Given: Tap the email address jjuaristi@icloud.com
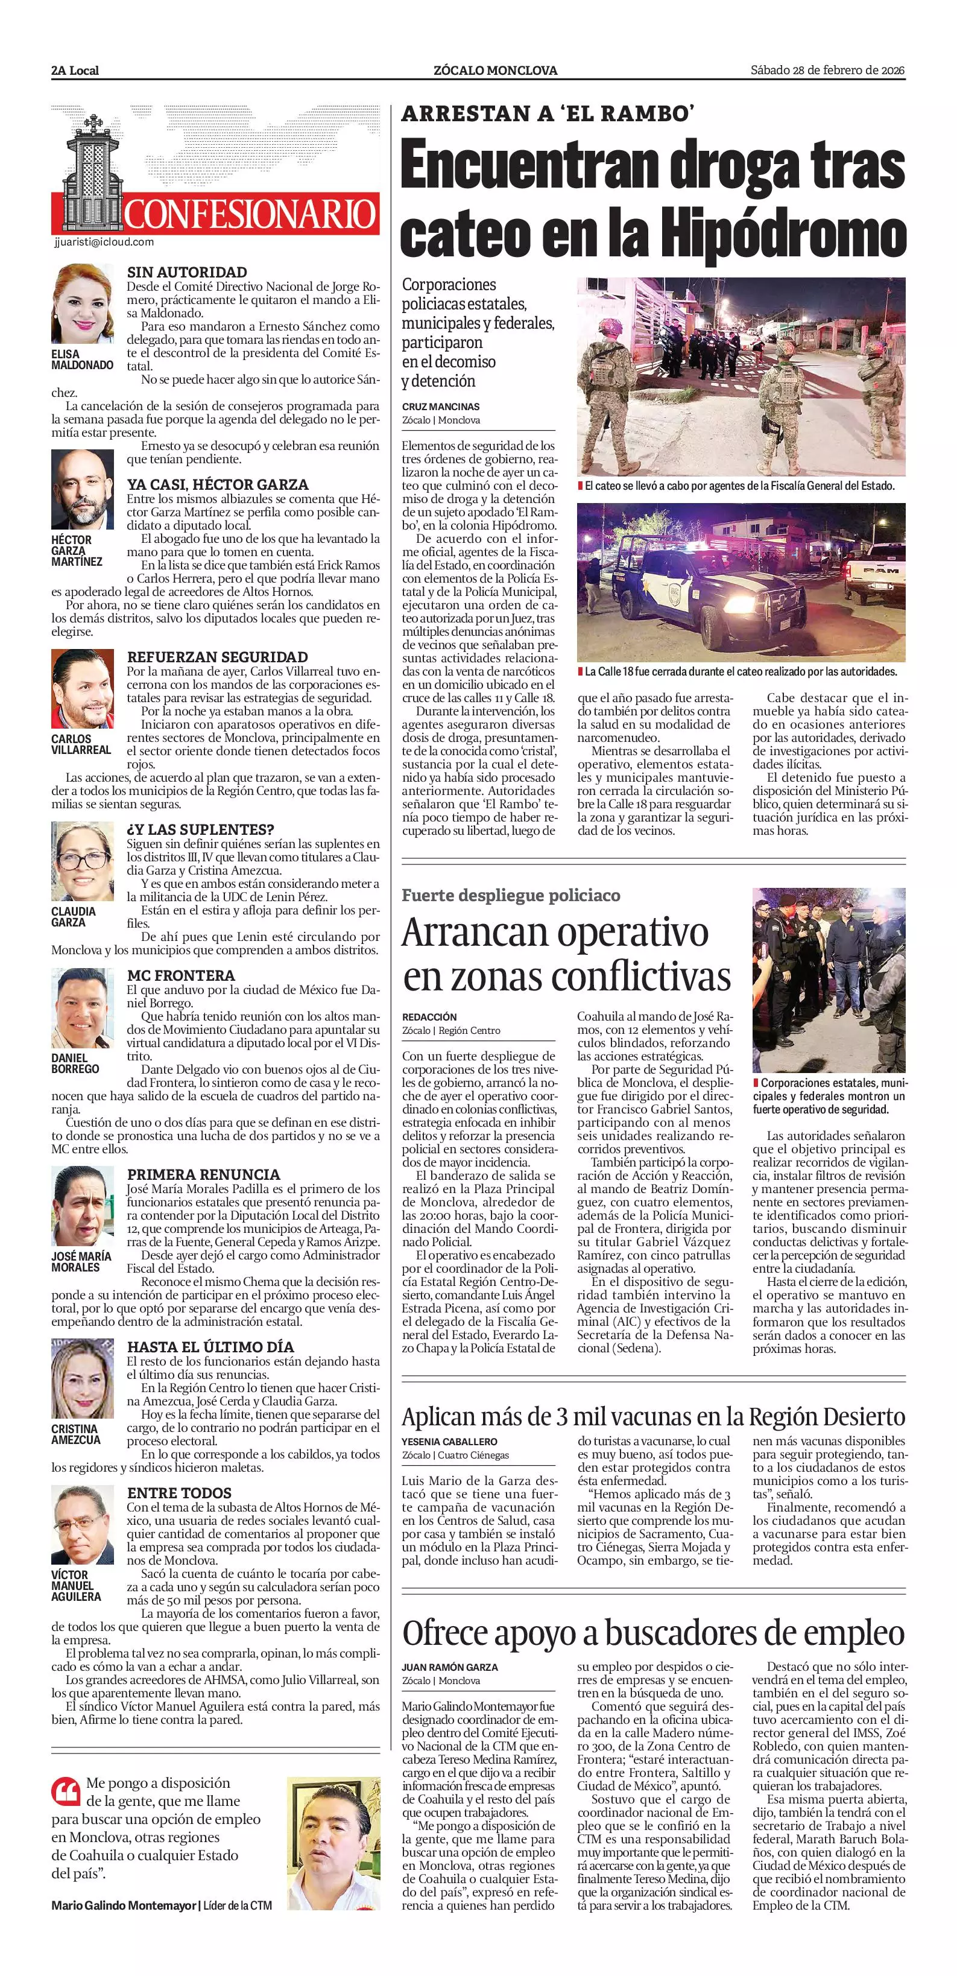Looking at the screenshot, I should pos(104,242).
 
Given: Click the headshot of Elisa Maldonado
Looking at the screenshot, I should pos(82,304).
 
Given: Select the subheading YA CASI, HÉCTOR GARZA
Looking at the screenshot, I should pos(218,485).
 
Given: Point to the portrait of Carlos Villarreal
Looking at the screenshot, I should pos(82,689).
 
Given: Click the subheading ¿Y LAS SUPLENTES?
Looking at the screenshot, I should pos(200,829).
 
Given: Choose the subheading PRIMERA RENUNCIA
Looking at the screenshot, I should pos(203,1174).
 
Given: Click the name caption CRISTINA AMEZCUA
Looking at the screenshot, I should pos(75,1434).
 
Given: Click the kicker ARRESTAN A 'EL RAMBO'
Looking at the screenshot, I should pos(548,113).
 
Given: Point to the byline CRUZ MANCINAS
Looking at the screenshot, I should pos(440,407).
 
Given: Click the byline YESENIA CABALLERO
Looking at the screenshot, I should pos(449,1442).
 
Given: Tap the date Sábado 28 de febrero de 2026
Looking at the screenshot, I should pos(827,71).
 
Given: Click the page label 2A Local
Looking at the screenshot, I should pos(75,71).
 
